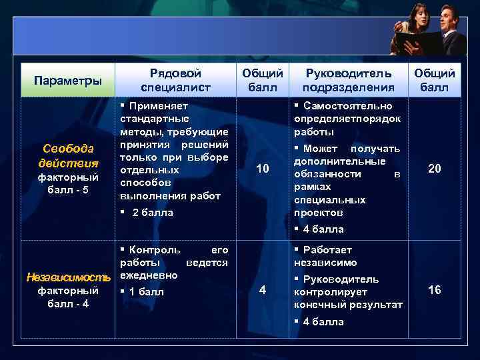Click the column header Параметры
point(68,81)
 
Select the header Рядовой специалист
point(175,80)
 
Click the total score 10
point(263,169)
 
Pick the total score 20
point(434,169)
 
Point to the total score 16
point(434,290)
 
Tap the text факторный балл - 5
point(67,183)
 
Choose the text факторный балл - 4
point(67,297)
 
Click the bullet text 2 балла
point(152,213)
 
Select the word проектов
point(319,213)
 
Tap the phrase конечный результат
point(348,305)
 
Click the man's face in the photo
point(447,17)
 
